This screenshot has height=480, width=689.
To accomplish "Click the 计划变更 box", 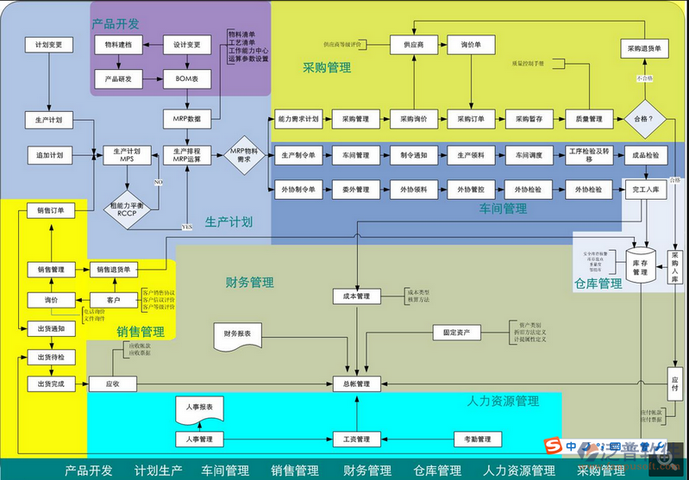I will pyautogui.click(x=49, y=45).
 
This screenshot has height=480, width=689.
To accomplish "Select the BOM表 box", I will pyautogui.click(x=187, y=79).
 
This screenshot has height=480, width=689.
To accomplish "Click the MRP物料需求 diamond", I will pyautogui.click(x=245, y=155).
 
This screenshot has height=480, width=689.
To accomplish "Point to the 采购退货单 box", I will pyautogui.click(x=644, y=49).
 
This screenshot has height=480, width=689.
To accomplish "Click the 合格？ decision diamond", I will pyautogui.click(x=643, y=118).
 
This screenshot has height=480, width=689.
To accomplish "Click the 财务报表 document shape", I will pyautogui.click(x=237, y=333).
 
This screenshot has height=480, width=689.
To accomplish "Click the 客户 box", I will pyautogui.click(x=113, y=300).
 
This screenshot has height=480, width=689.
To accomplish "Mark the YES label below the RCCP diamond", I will pyautogui.click(x=186, y=226).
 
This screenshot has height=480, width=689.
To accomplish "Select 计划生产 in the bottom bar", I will pyautogui.click(x=159, y=471).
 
